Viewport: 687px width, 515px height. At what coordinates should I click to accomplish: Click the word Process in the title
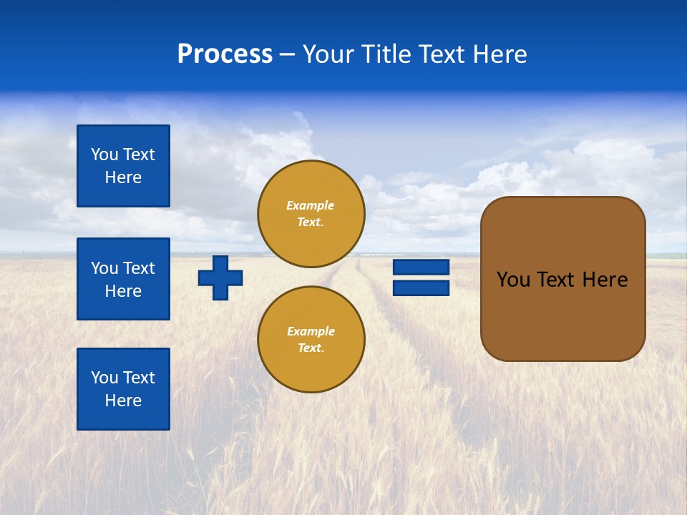(225, 54)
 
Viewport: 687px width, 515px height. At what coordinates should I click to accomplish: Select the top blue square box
(123, 166)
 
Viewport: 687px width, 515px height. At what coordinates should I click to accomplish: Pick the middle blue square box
(123, 279)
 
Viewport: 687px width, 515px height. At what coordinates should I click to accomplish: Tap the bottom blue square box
(123, 388)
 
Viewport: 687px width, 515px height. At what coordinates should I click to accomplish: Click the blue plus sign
(220, 278)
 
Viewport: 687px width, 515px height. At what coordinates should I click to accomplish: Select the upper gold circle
(311, 213)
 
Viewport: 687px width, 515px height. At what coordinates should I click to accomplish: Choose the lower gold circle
(311, 339)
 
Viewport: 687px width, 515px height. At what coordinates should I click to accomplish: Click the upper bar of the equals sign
(421, 268)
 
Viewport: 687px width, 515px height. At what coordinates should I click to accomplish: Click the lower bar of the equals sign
(421, 288)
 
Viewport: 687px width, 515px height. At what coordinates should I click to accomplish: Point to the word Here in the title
(500, 54)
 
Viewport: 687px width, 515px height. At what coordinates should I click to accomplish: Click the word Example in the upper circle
(311, 205)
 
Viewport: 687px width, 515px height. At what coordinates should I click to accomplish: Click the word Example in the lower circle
(311, 331)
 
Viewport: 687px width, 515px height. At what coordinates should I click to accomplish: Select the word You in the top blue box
(104, 154)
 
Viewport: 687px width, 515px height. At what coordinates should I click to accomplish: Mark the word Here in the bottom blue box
(123, 401)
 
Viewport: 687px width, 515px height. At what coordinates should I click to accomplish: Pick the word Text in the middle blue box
(139, 268)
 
